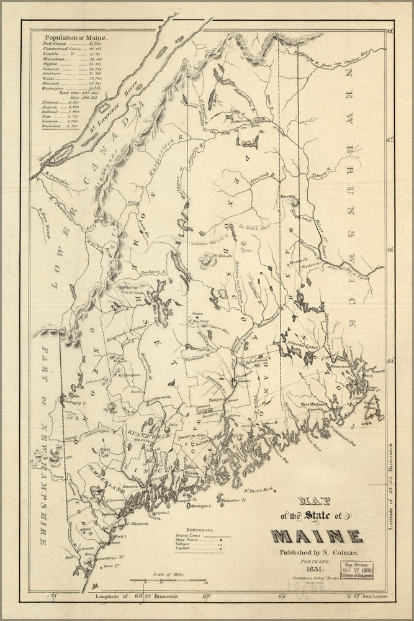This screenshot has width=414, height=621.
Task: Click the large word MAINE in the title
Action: pyautogui.click(x=316, y=535)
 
